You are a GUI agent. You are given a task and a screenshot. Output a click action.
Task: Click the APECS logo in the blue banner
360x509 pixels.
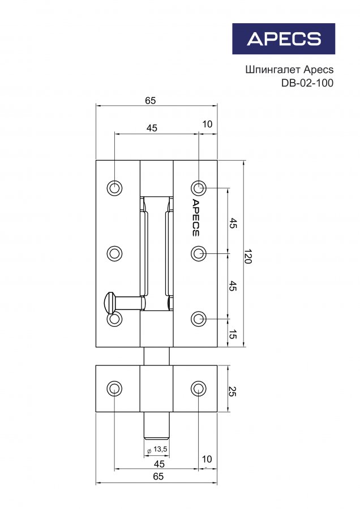click(x=284, y=38)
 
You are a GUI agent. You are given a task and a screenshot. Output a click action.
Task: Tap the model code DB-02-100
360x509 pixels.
click(x=307, y=83)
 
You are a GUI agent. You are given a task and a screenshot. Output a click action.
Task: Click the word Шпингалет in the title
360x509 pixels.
click(x=273, y=70)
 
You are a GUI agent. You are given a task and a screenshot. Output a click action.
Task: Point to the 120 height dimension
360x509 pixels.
click(x=248, y=256)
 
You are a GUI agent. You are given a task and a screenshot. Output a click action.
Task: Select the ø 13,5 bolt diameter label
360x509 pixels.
click(x=157, y=450)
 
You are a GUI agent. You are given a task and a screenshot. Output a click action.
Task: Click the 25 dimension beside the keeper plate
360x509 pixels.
click(x=232, y=391)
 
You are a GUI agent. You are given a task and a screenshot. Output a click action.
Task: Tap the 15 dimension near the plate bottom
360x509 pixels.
click(x=232, y=334)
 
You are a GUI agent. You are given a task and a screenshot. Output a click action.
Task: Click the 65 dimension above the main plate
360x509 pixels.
click(x=151, y=101)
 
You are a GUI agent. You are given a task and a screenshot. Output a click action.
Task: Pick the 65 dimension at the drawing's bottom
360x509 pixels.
click(x=158, y=477)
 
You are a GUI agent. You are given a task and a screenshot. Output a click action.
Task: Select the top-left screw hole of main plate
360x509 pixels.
click(x=114, y=188)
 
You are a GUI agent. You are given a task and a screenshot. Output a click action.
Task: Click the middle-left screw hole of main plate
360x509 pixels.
click(x=114, y=253)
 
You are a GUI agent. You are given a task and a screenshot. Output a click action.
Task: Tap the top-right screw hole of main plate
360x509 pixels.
click(x=199, y=188)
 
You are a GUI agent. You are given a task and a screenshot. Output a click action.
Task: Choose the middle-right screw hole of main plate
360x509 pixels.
click(x=199, y=253)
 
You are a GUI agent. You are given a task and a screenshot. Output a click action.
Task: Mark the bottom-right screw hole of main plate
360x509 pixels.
click(x=199, y=319)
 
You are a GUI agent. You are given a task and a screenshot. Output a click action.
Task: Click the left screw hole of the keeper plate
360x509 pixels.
click(x=114, y=389)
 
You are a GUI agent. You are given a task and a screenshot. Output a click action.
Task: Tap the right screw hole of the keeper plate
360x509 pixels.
click(x=199, y=389)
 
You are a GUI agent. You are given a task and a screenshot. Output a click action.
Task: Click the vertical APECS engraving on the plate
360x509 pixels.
click(x=195, y=218)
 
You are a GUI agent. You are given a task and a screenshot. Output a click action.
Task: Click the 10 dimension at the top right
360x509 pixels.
click(x=207, y=124)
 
